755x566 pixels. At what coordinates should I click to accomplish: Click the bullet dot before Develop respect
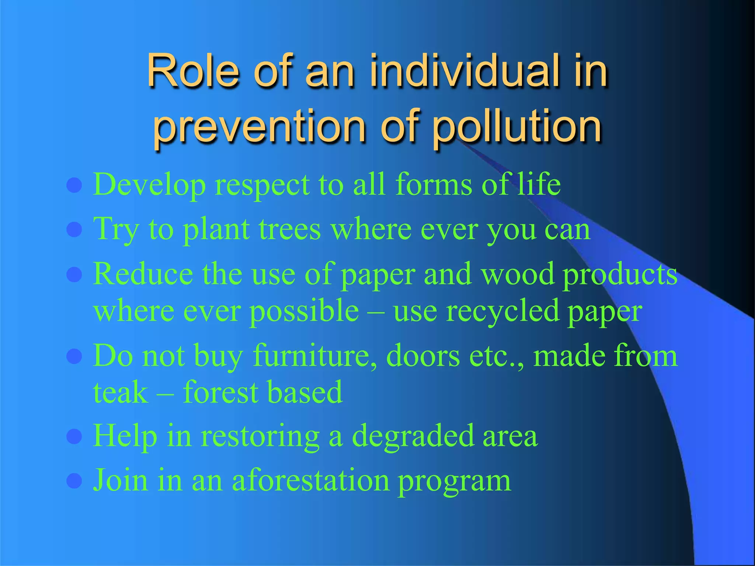pos(74,185)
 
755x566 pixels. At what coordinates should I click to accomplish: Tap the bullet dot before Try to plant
pos(74,230)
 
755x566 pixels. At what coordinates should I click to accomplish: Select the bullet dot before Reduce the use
pos(74,275)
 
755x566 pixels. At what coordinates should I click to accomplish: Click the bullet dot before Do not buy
pos(74,356)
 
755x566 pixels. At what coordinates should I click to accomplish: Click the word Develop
pos(149,184)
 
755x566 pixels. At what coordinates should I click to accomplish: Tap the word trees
pos(290,229)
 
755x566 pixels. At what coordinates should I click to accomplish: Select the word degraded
pos(413,437)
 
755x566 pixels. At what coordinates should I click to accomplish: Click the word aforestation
pos(310,481)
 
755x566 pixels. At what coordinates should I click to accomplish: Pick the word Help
pos(125,437)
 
